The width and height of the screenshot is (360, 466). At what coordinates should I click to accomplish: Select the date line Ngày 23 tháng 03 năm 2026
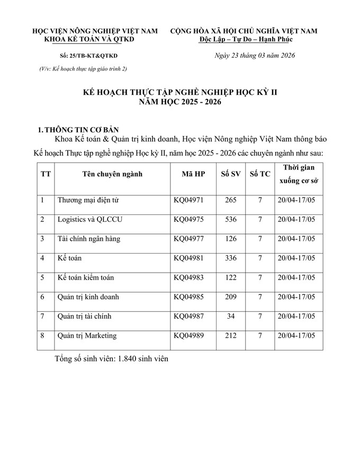(x=254, y=56)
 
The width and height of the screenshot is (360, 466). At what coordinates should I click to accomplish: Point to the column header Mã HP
(x=192, y=174)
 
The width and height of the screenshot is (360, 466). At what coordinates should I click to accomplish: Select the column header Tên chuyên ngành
(x=112, y=174)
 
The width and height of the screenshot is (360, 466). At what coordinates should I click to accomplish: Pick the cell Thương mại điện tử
(x=88, y=200)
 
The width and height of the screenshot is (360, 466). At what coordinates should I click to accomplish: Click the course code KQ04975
(x=188, y=219)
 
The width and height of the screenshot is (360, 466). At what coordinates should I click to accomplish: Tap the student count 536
(x=230, y=219)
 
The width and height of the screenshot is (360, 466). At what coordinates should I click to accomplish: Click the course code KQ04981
(x=188, y=258)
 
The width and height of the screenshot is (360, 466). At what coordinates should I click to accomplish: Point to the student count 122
(x=230, y=277)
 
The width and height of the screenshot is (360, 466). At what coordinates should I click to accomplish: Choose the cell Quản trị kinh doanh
(x=88, y=297)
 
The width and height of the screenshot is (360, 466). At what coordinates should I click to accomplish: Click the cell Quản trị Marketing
(x=87, y=336)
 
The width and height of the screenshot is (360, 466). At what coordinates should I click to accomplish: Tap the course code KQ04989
(x=188, y=336)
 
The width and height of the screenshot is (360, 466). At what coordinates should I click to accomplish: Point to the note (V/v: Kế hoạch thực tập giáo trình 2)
(x=83, y=68)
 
